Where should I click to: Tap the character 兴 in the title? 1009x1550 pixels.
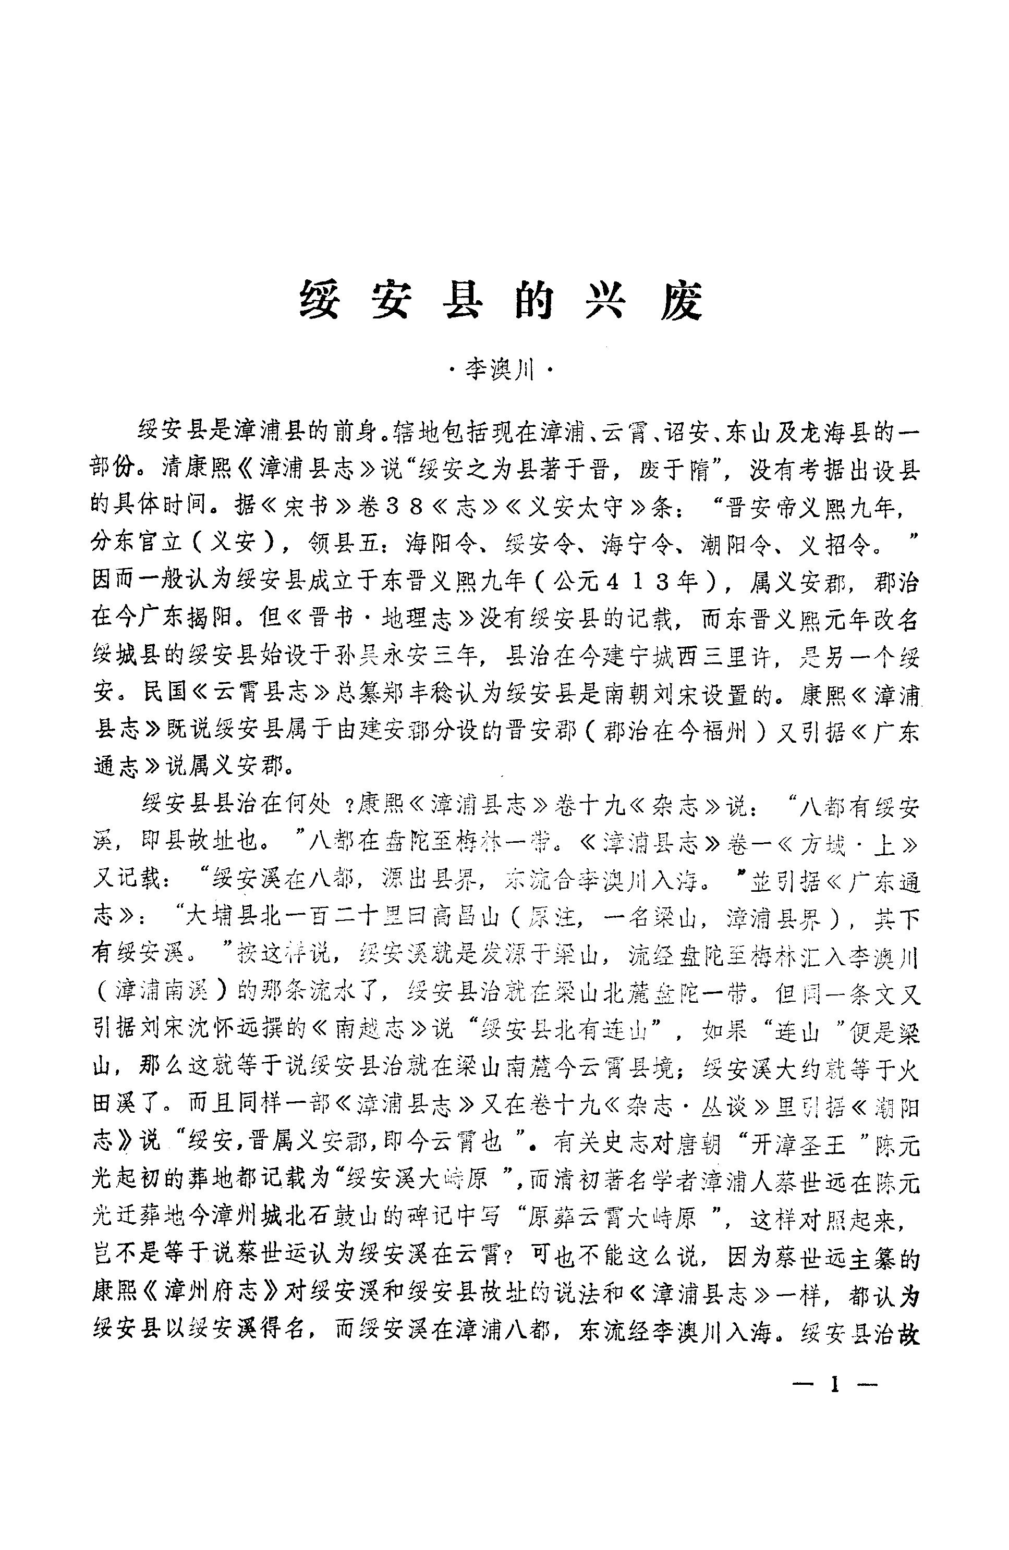point(605,302)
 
